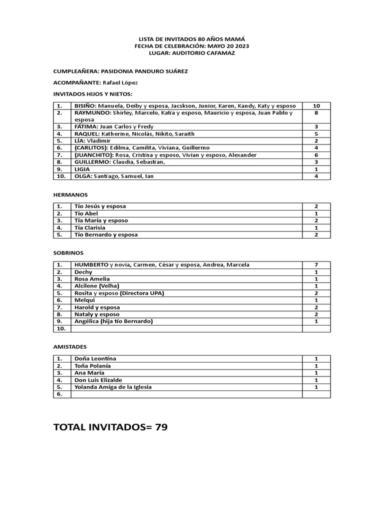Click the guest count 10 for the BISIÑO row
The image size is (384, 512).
(316, 106)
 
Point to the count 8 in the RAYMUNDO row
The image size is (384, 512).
(316, 113)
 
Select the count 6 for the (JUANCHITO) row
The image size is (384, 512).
(316, 155)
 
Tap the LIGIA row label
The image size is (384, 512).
(82, 169)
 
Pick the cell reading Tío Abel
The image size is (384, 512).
(86, 213)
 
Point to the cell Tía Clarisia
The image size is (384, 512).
(90, 227)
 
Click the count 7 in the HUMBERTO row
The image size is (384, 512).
(316, 264)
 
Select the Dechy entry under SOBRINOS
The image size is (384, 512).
(83, 272)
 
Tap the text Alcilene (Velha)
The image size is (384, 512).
(96, 286)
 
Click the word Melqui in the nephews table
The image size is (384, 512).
(84, 300)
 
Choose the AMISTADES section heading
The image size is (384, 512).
(70, 346)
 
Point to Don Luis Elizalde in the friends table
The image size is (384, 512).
(98, 380)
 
